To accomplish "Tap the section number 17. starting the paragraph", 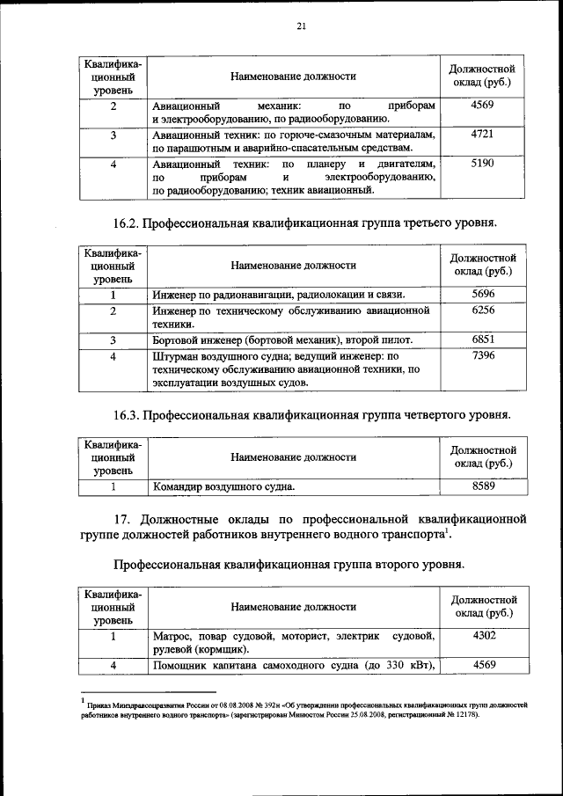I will click(124, 515).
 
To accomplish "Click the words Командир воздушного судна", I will click(223, 486).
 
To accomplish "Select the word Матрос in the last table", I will click(172, 635).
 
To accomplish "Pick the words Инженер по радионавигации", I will click(223, 295).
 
